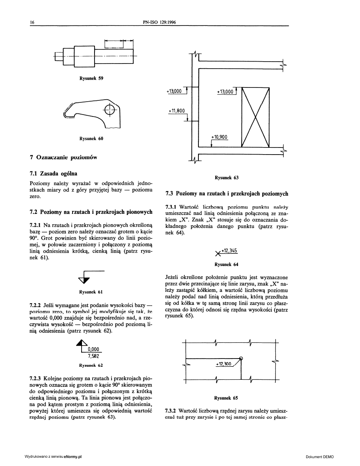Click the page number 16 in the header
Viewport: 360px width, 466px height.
pyautogui.click(x=33, y=22)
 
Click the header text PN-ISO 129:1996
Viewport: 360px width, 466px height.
pyautogui.click(x=160, y=22)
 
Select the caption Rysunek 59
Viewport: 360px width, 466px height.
pyautogui.click(x=91, y=78)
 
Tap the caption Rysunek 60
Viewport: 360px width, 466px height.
pyautogui.click(x=91, y=138)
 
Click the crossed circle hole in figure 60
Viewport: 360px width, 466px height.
pyautogui.click(x=110, y=109)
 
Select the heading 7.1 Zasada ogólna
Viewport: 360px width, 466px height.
pyautogui.click(x=54, y=173)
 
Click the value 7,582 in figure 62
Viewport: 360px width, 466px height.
pyautogui.click(x=93, y=356)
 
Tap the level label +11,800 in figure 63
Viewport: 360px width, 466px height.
pyautogui.click(x=176, y=111)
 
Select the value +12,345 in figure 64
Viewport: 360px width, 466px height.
pyautogui.click(x=229, y=251)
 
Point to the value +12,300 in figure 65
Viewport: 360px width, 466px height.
pyautogui.click(x=224, y=364)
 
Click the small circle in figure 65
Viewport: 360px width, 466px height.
pyautogui.click(x=241, y=358)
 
